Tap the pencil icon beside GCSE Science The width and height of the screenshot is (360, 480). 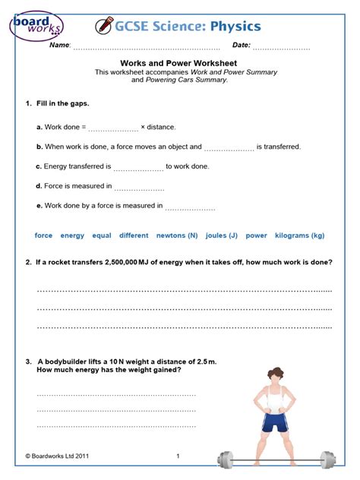(x=103, y=27)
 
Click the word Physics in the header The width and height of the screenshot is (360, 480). (x=236, y=27)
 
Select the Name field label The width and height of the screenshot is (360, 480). (x=59, y=46)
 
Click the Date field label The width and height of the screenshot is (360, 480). (x=242, y=46)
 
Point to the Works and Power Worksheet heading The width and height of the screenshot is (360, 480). (x=179, y=64)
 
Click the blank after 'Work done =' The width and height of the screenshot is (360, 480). (x=114, y=128)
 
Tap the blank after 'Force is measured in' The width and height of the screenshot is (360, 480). (x=139, y=187)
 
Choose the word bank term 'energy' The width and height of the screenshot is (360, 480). (x=72, y=235)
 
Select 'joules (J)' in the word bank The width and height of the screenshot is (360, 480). (x=222, y=235)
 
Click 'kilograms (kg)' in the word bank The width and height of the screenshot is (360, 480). (x=299, y=235)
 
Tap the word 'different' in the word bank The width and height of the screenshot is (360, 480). (x=134, y=235)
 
